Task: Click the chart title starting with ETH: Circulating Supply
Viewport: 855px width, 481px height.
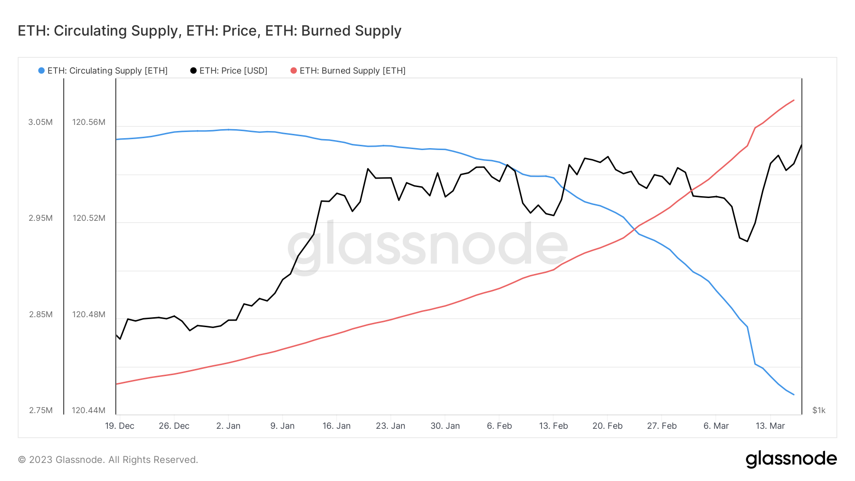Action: [x=209, y=31]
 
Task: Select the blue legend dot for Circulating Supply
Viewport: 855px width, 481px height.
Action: [x=41, y=71]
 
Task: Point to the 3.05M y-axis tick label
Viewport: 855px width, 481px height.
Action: [x=40, y=122]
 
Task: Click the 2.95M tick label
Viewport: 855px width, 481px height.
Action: [x=40, y=218]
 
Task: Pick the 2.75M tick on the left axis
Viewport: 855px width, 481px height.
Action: [x=40, y=410]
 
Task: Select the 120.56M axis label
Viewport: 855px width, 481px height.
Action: [x=88, y=122]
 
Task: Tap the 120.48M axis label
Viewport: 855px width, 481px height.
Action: [x=88, y=314]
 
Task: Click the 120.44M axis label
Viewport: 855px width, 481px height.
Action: [x=88, y=410]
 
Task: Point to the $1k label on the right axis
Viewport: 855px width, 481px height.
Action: [x=819, y=410]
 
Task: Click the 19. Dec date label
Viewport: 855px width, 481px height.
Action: [x=120, y=426]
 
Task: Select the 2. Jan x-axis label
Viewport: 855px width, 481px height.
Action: [x=228, y=426]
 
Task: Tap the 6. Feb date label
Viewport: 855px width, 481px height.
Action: [x=499, y=426]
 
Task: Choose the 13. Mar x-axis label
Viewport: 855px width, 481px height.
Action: [x=770, y=426]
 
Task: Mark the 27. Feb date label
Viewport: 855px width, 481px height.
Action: [x=662, y=426]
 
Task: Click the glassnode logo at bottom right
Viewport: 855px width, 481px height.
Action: [x=791, y=459]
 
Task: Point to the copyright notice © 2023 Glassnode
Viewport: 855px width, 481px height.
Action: [x=108, y=460]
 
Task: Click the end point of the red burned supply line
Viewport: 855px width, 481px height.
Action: [x=794, y=100]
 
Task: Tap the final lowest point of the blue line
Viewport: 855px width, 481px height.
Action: [x=794, y=395]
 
